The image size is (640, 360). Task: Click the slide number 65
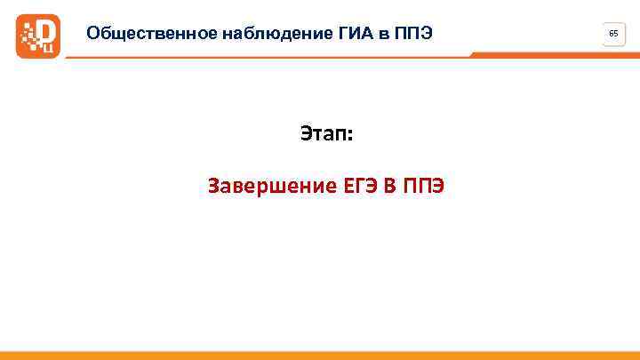pos(613,34)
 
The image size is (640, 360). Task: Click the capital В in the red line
pos(392,187)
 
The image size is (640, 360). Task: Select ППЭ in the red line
pos(425,187)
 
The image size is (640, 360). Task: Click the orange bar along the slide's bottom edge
pos(320,355)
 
